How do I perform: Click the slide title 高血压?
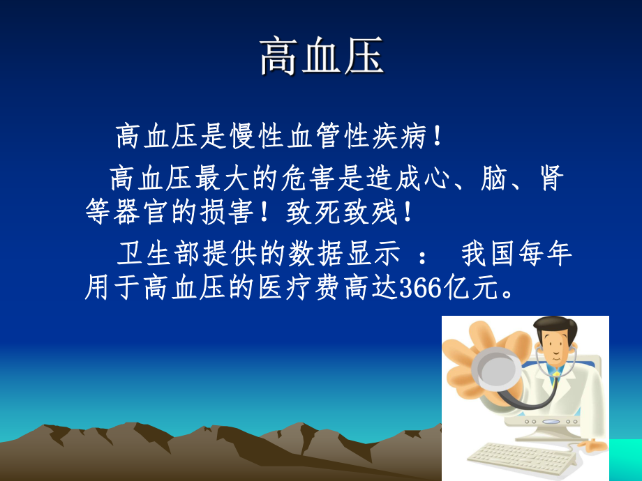click(x=322, y=57)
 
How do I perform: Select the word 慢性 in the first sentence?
click(x=258, y=137)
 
